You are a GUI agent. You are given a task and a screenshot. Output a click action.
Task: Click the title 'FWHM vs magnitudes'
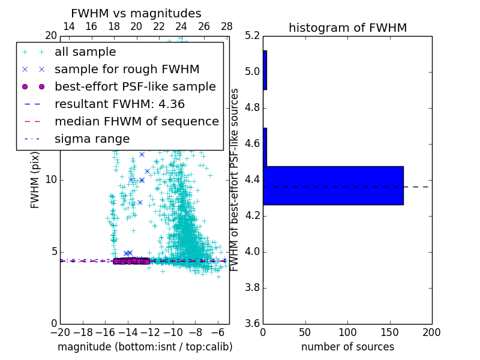136,13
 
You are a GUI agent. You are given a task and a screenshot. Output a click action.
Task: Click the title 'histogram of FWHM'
347,28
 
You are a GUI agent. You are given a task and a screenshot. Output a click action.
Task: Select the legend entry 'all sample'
85,52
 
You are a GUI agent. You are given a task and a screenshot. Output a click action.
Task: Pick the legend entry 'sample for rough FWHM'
127,69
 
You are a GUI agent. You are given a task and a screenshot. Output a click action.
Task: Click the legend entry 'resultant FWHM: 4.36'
119,104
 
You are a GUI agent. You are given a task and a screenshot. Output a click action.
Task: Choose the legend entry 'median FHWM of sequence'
136,121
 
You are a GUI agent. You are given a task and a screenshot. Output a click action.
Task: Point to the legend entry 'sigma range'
92,139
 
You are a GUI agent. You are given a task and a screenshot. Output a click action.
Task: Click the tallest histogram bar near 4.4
333,185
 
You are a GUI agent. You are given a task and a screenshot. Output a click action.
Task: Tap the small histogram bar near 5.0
265,70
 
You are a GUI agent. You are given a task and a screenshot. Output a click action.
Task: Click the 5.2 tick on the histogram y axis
253,35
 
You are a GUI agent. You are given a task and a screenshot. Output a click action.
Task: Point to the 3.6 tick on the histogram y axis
253,323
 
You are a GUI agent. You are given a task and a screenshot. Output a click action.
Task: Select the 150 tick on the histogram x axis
389,332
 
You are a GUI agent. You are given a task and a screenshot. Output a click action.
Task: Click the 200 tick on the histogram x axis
431,332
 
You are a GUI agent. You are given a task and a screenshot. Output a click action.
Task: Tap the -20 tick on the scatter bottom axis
60,332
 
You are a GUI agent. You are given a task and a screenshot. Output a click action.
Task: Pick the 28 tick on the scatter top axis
227,26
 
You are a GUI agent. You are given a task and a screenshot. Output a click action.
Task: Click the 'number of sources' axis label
347,347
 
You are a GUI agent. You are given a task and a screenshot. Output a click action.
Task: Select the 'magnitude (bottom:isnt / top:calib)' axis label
145,347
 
